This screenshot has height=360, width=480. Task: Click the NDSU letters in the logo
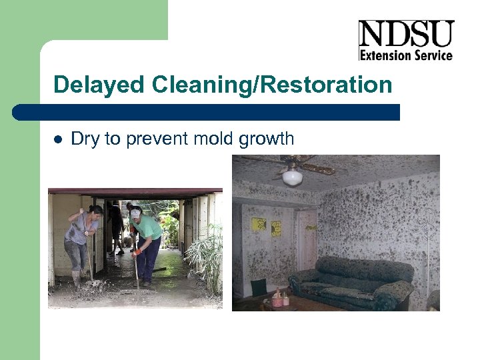(405, 33)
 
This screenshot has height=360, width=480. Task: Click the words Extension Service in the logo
(405, 55)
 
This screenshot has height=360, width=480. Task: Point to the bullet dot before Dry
(57, 139)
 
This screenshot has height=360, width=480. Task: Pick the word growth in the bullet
(266, 139)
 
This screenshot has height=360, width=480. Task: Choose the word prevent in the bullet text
(153, 139)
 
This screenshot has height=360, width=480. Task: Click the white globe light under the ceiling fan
(292, 177)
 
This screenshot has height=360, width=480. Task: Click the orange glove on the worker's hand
(137, 251)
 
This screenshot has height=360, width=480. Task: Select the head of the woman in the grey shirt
(95, 213)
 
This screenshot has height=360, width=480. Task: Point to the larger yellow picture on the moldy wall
(259, 225)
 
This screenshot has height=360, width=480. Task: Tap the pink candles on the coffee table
(278, 298)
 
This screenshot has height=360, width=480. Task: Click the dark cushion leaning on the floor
(258, 287)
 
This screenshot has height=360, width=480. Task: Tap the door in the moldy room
(307, 240)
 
